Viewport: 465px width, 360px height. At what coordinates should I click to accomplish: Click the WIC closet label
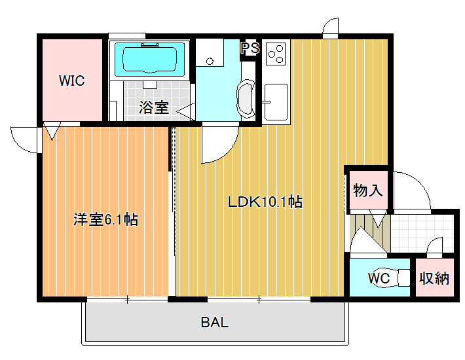click(72, 81)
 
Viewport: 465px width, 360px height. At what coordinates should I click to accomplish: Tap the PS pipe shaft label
click(250, 48)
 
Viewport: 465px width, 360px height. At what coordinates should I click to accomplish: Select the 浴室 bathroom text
click(154, 107)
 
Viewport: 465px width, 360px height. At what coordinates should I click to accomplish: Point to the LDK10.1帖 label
click(265, 202)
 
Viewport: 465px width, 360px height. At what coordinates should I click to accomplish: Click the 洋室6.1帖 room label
click(105, 219)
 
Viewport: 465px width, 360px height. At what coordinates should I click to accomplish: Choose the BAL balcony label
click(215, 322)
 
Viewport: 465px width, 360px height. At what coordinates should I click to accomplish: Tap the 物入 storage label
click(367, 190)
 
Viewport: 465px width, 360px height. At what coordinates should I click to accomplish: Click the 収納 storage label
click(434, 278)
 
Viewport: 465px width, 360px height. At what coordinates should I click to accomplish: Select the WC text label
click(379, 278)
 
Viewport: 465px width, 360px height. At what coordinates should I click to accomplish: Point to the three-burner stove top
click(276, 53)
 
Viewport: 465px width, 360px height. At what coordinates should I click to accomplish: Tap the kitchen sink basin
click(276, 102)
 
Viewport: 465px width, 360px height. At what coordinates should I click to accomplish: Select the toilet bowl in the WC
click(392, 278)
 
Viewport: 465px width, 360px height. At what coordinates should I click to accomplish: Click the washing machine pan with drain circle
click(210, 52)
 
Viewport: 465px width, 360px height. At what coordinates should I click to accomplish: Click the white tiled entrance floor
click(422, 233)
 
